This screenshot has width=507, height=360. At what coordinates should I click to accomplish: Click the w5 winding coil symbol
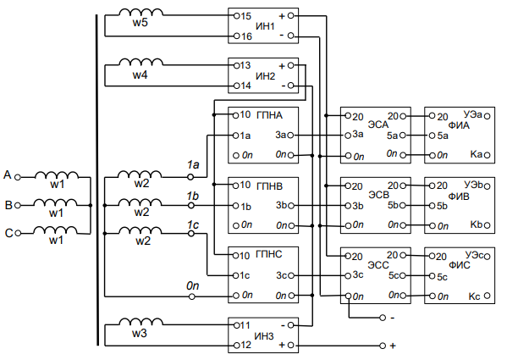click(x=141, y=13)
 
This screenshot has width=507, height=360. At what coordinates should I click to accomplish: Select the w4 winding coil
click(x=141, y=62)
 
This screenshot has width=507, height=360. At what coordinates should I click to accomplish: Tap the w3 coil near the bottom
click(x=141, y=322)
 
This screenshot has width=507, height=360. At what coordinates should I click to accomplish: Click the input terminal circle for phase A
click(x=18, y=177)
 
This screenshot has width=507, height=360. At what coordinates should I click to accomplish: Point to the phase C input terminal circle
click(x=18, y=233)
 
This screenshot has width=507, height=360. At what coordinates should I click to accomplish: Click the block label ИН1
click(x=265, y=26)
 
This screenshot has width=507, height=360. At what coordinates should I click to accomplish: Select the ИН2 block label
click(x=265, y=76)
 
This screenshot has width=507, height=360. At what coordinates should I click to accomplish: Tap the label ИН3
click(x=264, y=336)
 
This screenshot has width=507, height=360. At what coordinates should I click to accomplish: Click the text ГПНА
click(x=269, y=115)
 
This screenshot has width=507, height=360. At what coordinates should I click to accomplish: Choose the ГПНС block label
click(x=269, y=254)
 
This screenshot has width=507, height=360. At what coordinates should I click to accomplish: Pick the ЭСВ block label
click(x=378, y=195)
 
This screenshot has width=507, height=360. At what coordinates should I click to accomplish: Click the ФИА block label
click(x=459, y=125)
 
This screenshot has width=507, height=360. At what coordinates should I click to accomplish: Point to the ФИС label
click(x=459, y=265)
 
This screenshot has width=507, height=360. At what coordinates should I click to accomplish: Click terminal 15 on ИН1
click(x=236, y=15)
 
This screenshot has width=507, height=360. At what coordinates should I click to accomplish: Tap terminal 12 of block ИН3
click(x=236, y=346)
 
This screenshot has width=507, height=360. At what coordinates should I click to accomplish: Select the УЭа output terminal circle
click(x=488, y=116)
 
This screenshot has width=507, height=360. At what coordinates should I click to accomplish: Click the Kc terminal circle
click(x=488, y=296)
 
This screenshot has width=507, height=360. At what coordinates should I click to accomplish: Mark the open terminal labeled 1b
click(x=191, y=205)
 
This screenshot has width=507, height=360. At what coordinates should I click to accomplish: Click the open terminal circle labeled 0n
click(x=192, y=296)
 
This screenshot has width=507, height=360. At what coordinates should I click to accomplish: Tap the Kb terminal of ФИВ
click(x=488, y=224)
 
